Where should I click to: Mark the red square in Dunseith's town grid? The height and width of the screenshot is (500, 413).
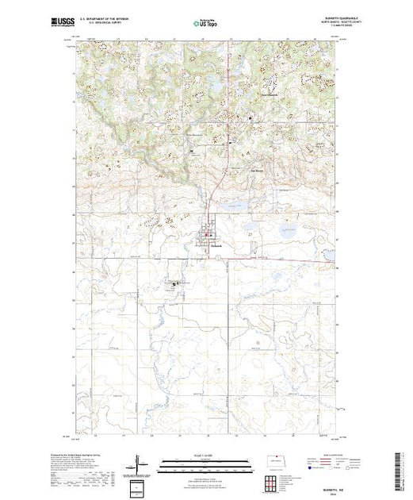coord(208,235)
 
